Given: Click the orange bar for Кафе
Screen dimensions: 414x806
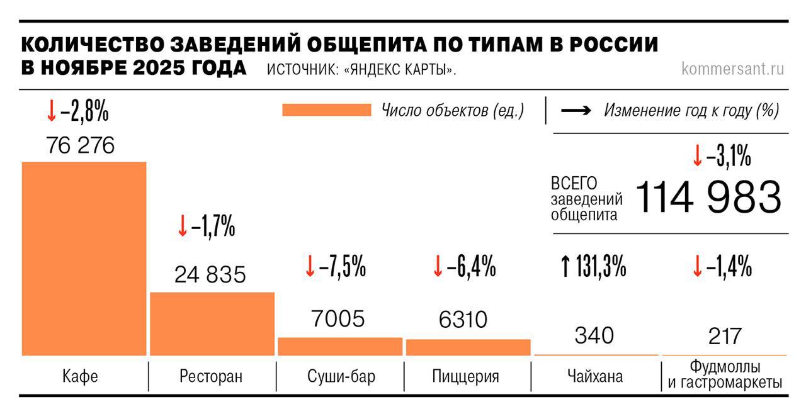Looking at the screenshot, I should pyautogui.click(x=84, y=258).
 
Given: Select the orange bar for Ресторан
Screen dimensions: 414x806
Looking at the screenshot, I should pyautogui.click(x=212, y=323).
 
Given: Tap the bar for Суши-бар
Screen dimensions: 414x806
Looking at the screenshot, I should pyautogui.click(x=340, y=346).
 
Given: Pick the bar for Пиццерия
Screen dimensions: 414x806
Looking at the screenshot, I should pyautogui.click(x=468, y=347).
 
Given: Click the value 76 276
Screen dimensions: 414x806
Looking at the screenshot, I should pyautogui.click(x=81, y=146).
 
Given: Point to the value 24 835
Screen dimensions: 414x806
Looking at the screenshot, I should pyautogui.click(x=210, y=275).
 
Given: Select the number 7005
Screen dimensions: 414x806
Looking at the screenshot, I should pyautogui.click(x=338, y=319).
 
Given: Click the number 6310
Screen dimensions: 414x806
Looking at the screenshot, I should pyautogui.click(x=463, y=320).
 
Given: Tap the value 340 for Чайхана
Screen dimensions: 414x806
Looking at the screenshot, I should pyautogui.click(x=594, y=335).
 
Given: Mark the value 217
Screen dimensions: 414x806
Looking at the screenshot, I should pyautogui.click(x=724, y=336).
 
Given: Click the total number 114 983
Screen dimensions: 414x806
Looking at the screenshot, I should pyautogui.click(x=708, y=197).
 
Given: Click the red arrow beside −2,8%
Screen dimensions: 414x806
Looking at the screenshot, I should pyautogui.click(x=51, y=112).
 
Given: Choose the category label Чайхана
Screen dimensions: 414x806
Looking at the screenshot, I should pyautogui.click(x=594, y=377).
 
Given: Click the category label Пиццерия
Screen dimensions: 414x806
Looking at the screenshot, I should pyautogui.click(x=466, y=377).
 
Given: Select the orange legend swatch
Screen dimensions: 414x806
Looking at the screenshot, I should pyautogui.click(x=327, y=111).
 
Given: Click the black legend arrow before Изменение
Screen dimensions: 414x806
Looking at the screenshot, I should pyautogui.click(x=576, y=111).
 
